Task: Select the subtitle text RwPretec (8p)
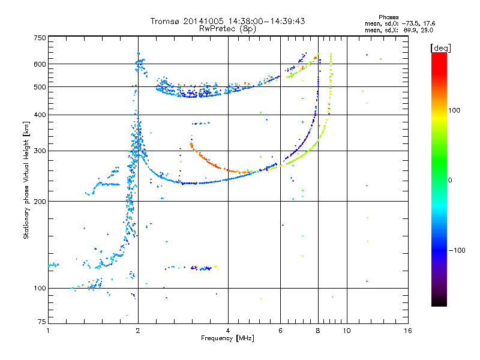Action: [227, 29]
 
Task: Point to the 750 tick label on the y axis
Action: [40, 38]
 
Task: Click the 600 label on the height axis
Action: [40, 64]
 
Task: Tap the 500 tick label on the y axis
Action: [40, 87]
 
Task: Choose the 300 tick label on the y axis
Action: [40, 151]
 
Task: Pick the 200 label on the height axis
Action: [40, 202]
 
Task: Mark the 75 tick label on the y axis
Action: [42, 322]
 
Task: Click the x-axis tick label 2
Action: [138, 331]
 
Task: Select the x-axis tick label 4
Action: [228, 331]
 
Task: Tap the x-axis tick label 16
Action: [408, 331]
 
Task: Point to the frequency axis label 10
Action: [347, 331]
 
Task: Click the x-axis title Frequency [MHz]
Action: [227, 338]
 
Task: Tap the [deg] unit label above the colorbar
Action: [440, 48]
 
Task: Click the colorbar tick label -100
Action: [457, 250]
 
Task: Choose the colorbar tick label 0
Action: [450, 181]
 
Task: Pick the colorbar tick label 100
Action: [454, 110]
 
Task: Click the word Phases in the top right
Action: [388, 17]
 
